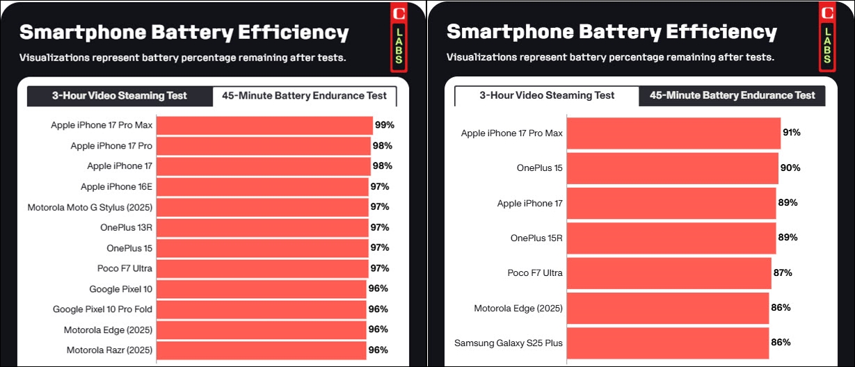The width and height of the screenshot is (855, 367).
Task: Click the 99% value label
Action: [x=385, y=126]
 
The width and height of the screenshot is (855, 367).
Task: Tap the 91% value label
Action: [x=792, y=133]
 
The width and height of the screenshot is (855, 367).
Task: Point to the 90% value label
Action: [x=790, y=168]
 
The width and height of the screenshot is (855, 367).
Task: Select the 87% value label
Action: [x=783, y=272]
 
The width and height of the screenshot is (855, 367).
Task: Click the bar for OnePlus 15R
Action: [x=671, y=238]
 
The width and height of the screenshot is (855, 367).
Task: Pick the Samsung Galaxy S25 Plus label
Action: [x=509, y=343]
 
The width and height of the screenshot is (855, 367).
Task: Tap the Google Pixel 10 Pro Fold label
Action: [x=102, y=309]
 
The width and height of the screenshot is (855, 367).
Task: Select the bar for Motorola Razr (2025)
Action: [x=262, y=350]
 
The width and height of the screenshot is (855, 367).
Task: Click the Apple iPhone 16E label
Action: [x=116, y=187]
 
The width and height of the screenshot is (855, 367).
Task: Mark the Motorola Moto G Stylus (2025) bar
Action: [x=262, y=207]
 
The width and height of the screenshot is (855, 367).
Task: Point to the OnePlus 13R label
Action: [x=126, y=227]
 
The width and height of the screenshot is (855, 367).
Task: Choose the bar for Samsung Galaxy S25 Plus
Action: [x=668, y=343]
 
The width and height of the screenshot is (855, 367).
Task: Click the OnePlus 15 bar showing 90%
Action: [x=672, y=168]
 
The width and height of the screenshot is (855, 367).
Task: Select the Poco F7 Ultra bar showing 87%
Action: [x=669, y=273]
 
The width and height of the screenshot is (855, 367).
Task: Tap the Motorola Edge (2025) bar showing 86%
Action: [x=668, y=308]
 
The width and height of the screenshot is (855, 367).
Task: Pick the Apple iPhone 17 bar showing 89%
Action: [x=671, y=203]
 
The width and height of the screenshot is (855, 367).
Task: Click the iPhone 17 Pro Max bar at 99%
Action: [x=264, y=126]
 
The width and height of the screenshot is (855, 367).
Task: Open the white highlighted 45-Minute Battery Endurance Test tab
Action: [x=304, y=96]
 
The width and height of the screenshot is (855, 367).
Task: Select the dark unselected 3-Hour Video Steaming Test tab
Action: [x=120, y=96]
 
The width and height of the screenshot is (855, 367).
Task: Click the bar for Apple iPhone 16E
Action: [x=262, y=187]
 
